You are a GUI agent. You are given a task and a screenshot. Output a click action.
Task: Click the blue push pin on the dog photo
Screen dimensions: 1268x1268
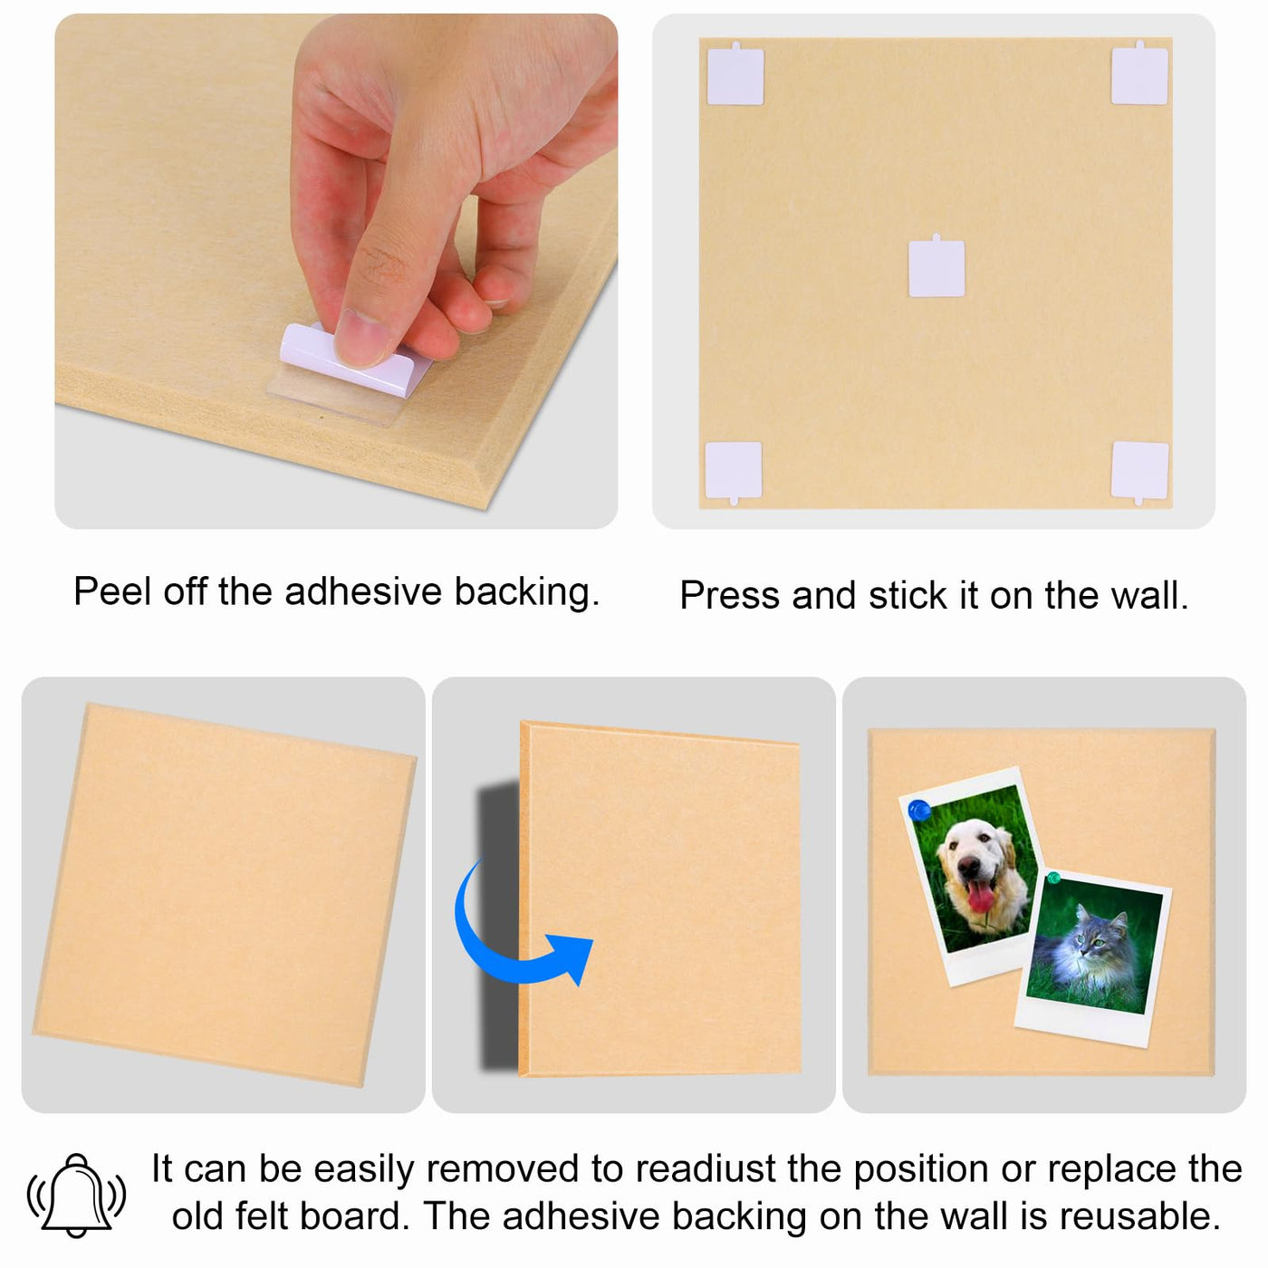919,810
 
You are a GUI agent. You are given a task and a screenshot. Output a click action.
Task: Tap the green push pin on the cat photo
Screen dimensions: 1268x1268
1053,878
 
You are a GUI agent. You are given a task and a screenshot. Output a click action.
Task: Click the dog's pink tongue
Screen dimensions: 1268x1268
980,896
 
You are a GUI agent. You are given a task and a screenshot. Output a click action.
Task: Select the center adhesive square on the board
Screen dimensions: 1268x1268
937,266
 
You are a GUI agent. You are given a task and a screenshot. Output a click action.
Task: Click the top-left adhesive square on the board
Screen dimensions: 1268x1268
735,74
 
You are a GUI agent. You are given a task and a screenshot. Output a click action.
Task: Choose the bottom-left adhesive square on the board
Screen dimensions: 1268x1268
733,473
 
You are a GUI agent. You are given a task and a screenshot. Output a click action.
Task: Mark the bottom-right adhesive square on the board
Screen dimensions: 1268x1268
1139,473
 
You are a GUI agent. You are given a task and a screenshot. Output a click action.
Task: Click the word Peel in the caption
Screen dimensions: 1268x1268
113,591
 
